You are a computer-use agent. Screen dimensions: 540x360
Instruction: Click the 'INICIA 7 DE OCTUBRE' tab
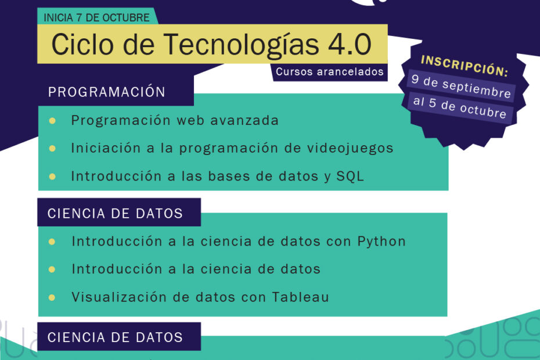click(96, 17)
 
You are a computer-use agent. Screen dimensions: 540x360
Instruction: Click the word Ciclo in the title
click(82, 44)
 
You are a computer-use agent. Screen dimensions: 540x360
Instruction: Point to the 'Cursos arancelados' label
click(330, 71)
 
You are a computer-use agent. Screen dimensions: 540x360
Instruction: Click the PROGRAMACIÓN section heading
click(107, 92)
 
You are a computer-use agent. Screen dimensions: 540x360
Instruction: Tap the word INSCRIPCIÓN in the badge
click(464, 66)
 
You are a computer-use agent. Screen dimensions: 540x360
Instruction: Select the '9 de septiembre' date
click(461, 86)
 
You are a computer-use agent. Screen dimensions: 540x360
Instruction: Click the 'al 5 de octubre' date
click(460, 107)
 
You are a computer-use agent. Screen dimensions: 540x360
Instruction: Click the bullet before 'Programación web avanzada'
click(52, 121)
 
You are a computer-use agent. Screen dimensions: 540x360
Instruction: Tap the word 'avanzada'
click(244, 121)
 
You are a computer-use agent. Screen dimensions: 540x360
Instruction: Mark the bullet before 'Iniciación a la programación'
click(52, 149)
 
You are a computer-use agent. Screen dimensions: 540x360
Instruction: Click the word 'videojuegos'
click(350, 149)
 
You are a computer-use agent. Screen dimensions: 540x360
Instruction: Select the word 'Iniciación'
click(106, 148)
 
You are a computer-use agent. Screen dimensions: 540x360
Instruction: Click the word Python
click(381, 242)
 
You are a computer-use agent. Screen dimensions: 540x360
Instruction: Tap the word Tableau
click(300, 297)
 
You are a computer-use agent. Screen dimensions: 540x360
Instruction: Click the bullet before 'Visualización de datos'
click(52, 297)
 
